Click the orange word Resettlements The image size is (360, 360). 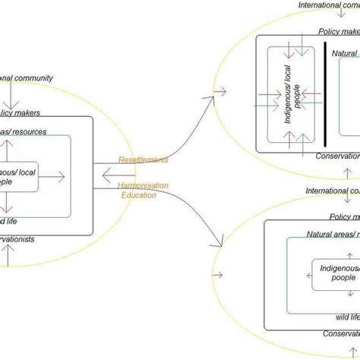click(x=144, y=159)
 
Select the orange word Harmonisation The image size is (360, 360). click(x=144, y=185)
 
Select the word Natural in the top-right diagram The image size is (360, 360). click(x=343, y=54)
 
